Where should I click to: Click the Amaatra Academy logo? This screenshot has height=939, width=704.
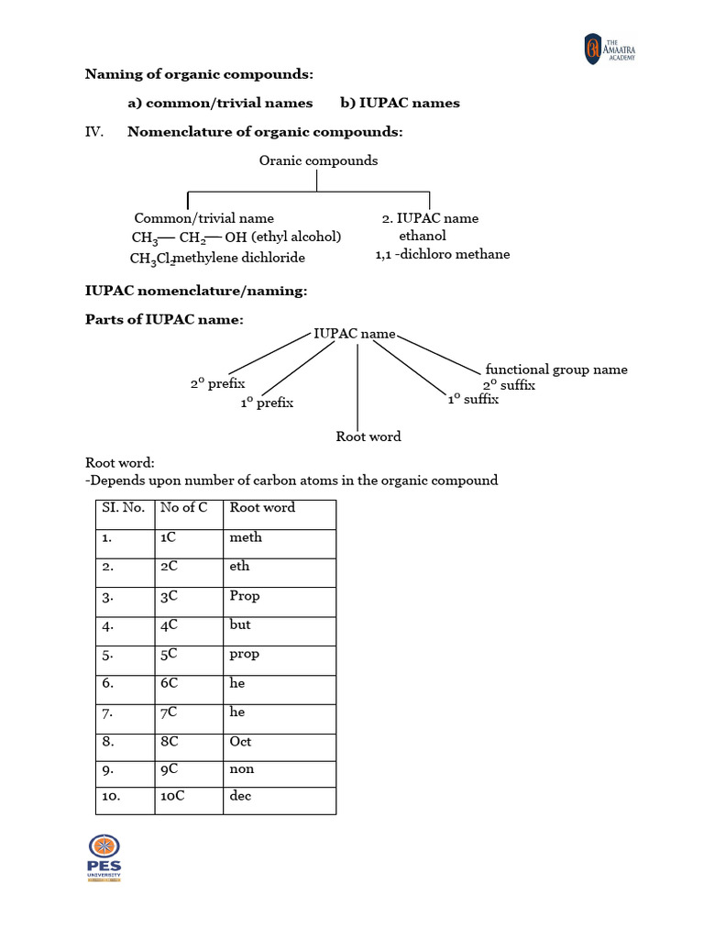(609, 49)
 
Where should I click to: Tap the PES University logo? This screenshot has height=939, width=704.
(104, 858)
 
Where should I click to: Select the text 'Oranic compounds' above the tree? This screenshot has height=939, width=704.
(318, 160)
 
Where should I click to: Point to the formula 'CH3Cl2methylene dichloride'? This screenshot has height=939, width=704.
(217, 258)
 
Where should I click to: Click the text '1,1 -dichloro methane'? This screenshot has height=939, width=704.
(443, 254)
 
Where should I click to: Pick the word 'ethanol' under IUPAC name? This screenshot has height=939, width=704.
(423, 236)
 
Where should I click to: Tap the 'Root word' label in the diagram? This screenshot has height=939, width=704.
(368, 436)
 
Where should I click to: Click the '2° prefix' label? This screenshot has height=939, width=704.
(217, 384)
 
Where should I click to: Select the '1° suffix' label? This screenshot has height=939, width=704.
(473, 399)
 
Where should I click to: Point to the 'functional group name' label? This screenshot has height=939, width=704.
(556, 369)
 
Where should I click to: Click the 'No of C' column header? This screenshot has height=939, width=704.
(183, 507)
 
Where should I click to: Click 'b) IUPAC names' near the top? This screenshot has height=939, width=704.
(400, 103)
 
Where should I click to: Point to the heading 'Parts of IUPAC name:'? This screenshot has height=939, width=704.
(164, 320)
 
